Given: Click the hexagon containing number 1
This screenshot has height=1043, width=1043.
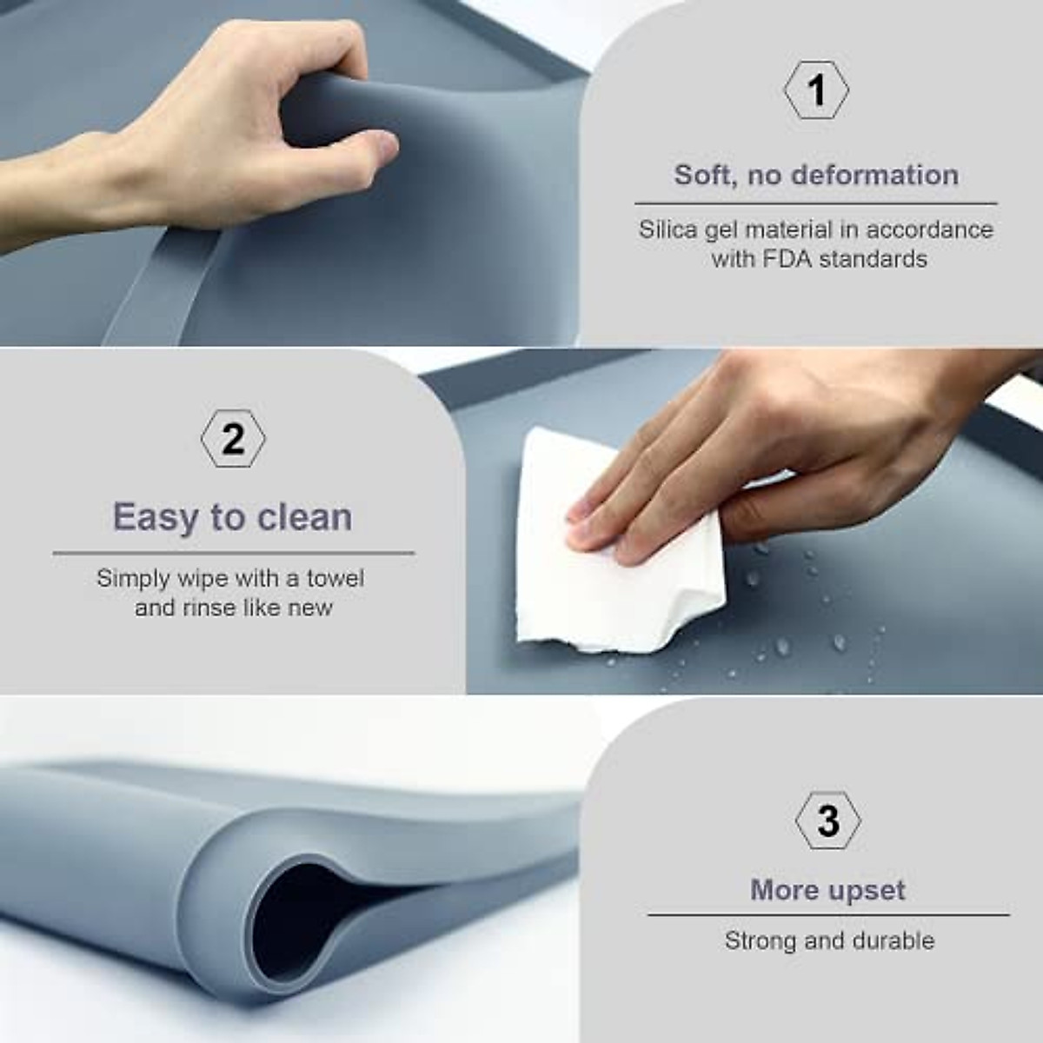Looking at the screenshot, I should pos(816,90).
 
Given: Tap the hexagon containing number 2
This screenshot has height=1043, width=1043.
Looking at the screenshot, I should pos(233,440).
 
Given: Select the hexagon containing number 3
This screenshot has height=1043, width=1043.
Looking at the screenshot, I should pos(828,820).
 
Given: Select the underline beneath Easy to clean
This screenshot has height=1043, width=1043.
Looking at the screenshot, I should pos(233,553).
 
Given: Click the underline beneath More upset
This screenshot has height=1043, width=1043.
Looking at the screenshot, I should pos(828,915).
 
